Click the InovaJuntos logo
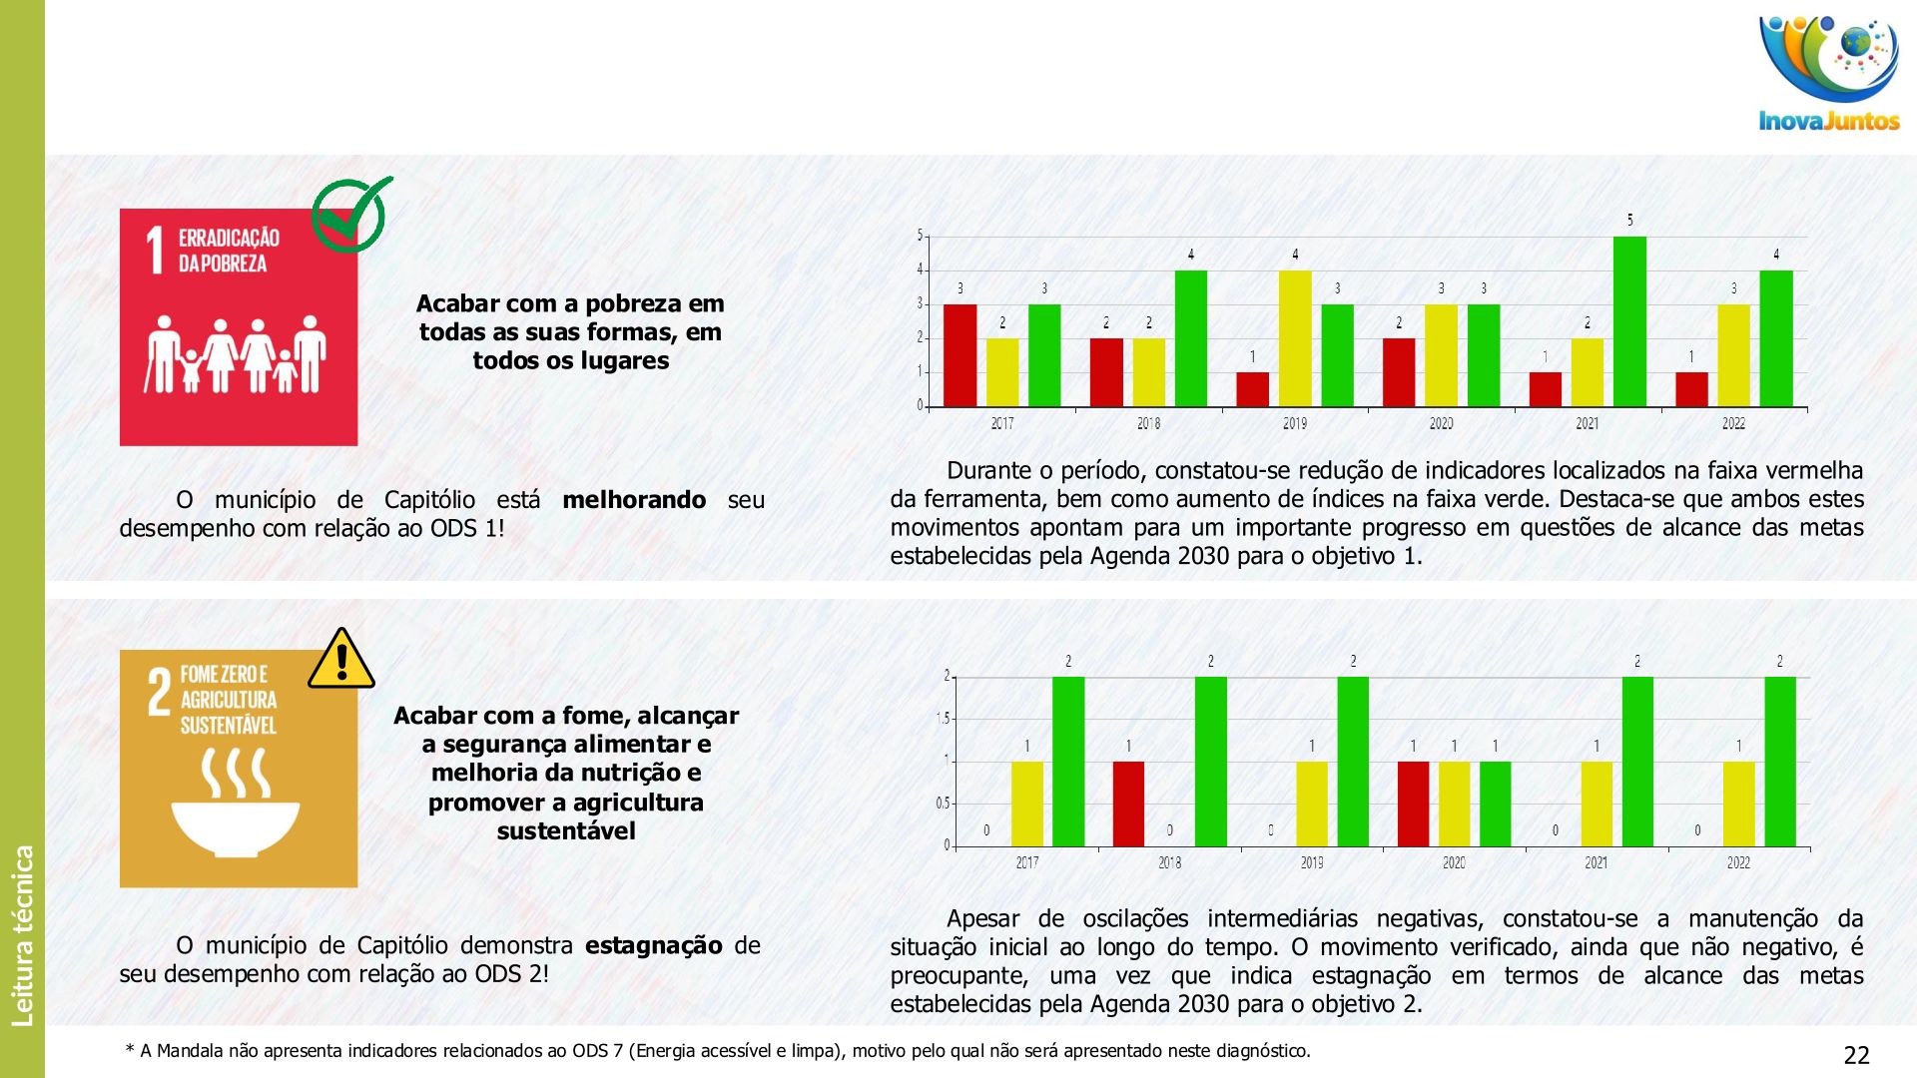click(x=1829, y=75)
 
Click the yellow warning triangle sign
click(x=341, y=660)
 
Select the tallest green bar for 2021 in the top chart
click(x=1629, y=321)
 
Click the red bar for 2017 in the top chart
click(x=959, y=355)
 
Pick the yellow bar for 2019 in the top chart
click(x=1295, y=338)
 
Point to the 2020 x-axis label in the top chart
click(x=1441, y=424)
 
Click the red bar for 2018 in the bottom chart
click(x=1128, y=804)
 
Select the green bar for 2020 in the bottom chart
click(x=1495, y=804)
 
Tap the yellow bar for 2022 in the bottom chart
click(x=1738, y=804)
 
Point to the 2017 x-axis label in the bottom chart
click(x=1026, y=863)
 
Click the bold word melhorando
click(x=634, y=500)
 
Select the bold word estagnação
click(x=653, y=945)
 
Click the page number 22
click(x=1856, y=1055)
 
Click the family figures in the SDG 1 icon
click(x=237, y=354)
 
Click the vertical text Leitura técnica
click(x=22, y=935)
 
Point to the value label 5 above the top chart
click(x=1629, y=221)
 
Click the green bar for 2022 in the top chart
click(x=1775, y=338)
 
